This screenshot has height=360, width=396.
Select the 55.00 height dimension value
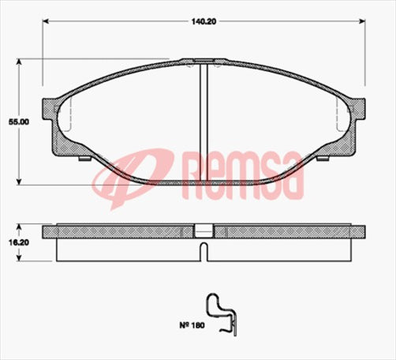click(14, 122)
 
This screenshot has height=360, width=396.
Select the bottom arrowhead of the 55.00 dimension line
click(20, 181)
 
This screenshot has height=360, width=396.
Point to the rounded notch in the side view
click(204, 251)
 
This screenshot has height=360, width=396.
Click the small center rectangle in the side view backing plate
click(204, 231)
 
